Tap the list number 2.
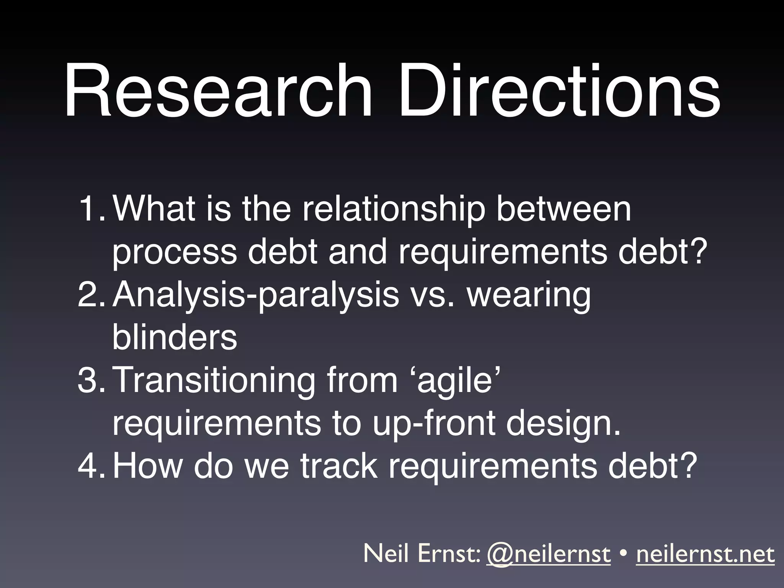(x=90, y=295)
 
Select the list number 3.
(x=90, y=381)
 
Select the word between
(x=563, y=210)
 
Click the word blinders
(x=175, y=337)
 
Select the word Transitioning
(x=215, y=381)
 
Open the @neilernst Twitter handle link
(x=548, y=554)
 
